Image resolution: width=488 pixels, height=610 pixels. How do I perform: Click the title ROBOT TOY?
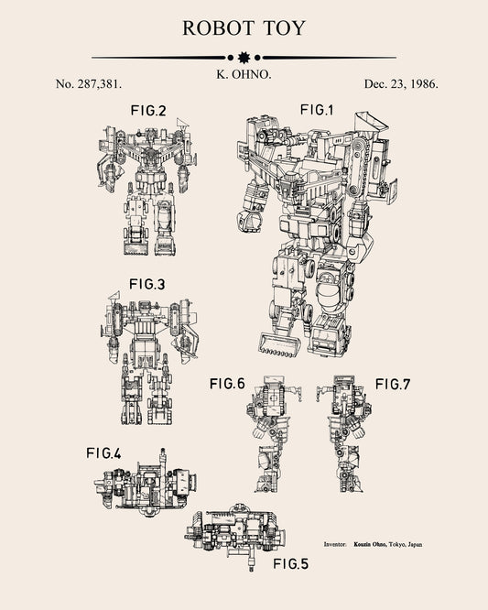pos(244,27)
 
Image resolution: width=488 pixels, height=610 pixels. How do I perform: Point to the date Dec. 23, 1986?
pos(400,83)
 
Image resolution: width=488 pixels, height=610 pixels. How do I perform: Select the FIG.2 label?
pos(147,111)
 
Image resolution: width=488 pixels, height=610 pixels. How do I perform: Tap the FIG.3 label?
pos(146,285)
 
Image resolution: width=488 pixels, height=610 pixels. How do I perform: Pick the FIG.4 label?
pos(104,452)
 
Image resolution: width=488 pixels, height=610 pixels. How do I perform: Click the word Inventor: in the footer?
pos(335,544)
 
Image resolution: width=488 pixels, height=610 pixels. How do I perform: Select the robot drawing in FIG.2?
pos(146,188)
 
